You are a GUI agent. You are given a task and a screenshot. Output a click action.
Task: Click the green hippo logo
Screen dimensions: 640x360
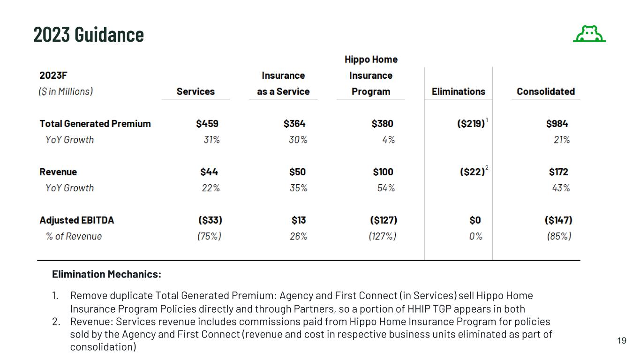point(589,34)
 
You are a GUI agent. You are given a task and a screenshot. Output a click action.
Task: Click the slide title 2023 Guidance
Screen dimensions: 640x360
point(89,34)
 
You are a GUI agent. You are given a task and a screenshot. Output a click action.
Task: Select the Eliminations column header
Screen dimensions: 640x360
point(458,91)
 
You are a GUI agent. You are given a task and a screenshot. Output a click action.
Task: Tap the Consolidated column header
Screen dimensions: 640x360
point(546,91)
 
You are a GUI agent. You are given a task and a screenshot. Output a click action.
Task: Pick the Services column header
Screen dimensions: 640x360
point(196,91)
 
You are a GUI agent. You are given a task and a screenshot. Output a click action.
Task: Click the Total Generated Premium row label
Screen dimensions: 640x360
point(95,124)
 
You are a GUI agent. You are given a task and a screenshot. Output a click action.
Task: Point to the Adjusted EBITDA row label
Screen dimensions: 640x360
point(76,220)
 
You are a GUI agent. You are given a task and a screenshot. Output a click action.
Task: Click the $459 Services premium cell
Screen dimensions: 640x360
point(207,124)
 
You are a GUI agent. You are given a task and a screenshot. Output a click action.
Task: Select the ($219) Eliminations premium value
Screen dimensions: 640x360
point(471,124)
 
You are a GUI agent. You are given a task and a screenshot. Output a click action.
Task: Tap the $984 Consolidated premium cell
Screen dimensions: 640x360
point(557,124)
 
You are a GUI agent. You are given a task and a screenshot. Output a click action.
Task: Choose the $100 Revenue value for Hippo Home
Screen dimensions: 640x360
point(383,172)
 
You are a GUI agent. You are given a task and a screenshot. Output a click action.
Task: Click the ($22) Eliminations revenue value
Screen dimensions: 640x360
point(472,172)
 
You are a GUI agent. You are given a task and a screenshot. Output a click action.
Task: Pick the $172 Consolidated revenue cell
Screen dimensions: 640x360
point(558,172)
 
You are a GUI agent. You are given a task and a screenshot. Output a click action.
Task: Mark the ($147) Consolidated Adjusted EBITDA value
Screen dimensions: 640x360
point(558,220)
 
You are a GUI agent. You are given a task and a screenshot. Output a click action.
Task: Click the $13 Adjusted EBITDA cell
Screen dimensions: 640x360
point(299,220)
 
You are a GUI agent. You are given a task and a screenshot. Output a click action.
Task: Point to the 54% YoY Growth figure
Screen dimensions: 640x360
point(386,188)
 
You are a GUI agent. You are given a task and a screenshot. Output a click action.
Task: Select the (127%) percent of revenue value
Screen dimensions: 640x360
point(382,236)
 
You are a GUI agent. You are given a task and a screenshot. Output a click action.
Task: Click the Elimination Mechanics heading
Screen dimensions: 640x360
point(106,274)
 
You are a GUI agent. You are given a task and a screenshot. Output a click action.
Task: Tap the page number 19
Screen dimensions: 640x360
point(622,341)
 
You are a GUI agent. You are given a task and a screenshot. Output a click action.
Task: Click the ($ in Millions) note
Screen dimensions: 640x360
point(66,91)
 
